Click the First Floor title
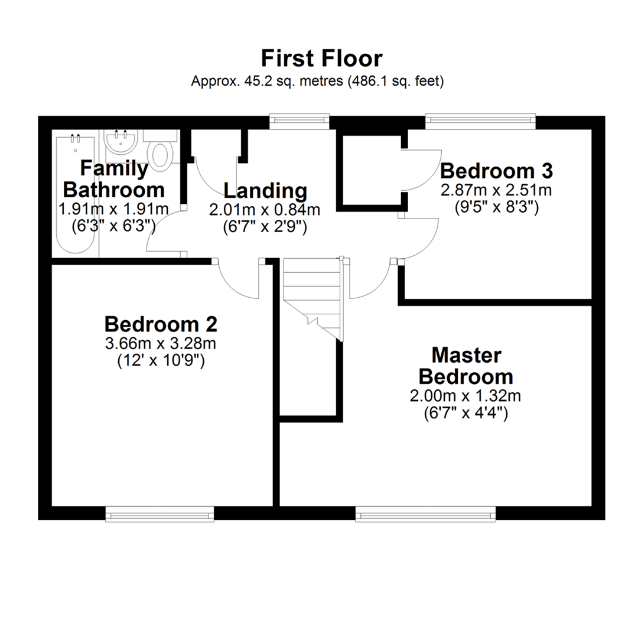322,58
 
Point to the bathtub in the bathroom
75,194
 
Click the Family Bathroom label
114,179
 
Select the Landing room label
265,190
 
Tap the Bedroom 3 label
496,171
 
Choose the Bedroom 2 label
161,324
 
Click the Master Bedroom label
466,366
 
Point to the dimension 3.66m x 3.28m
161,344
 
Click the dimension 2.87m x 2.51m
496,190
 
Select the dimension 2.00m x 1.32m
466,396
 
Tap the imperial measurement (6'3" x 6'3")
113,226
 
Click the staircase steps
313,299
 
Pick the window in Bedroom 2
160,513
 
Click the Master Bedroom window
425,513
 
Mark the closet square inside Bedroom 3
372,170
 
